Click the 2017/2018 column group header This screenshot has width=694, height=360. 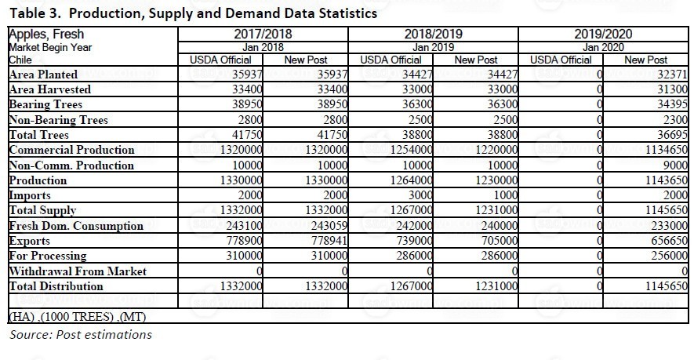[263, 34]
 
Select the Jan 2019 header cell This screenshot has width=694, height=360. [433, 47]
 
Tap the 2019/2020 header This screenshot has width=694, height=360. [603, 34]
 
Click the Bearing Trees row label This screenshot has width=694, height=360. [45, 104]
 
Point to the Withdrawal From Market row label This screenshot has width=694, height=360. [78, 271]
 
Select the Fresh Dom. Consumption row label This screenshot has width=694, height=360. [76, 226]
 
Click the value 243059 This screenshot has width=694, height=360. [326, 226]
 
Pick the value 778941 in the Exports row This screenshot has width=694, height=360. [326, 241]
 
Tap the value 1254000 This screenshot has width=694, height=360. [411, 150]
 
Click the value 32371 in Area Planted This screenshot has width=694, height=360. [672, 75]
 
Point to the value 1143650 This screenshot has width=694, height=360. [666, 180]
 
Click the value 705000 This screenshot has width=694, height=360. [496, 241]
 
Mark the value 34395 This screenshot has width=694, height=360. [672, 104]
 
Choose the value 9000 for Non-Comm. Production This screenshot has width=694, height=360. [675, 165]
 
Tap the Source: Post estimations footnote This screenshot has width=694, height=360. [81, 334]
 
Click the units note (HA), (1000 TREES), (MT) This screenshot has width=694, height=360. [78, 317]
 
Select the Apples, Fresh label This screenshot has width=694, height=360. [46, 34]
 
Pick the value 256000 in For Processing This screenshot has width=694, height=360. [669, 256]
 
